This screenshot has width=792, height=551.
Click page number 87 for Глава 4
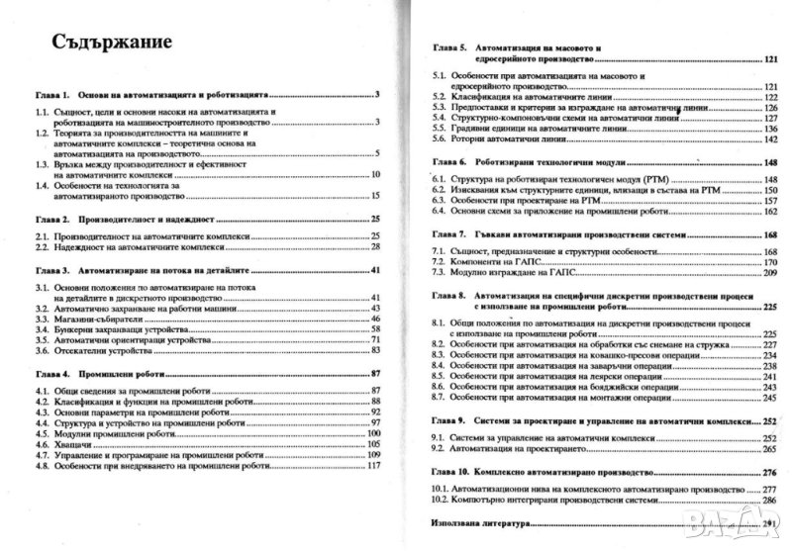tap(375, 373)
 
